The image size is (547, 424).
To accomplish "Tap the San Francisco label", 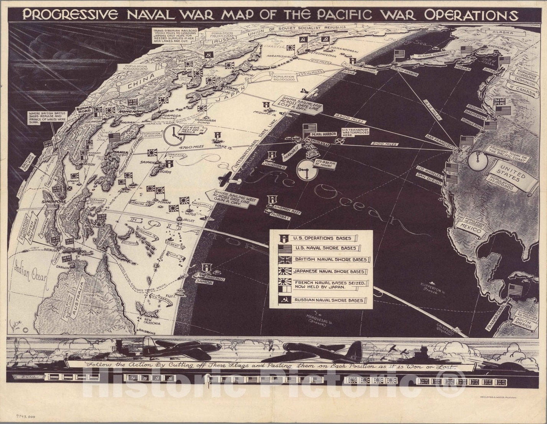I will click(x=440, y=141).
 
